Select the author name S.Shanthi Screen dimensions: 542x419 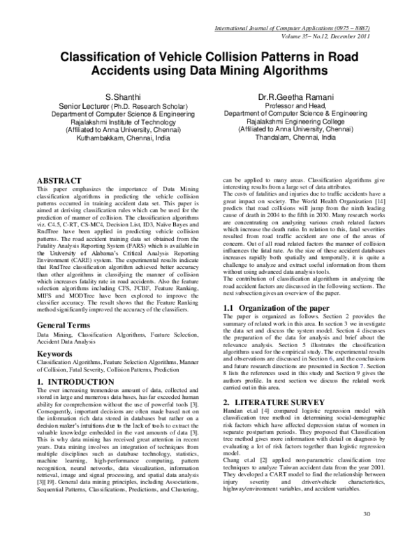[x=123, y=96]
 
